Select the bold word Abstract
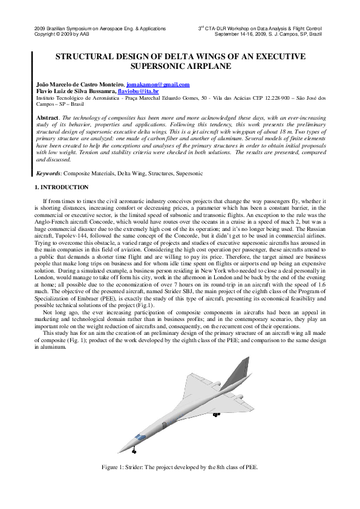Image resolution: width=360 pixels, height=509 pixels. [47, 116]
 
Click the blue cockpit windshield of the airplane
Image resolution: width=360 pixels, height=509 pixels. [140, 436]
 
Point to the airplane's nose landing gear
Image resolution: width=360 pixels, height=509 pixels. [134, 450]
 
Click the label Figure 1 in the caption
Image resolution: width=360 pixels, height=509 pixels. [113, 467]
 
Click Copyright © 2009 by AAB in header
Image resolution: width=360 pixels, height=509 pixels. [63, 34]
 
